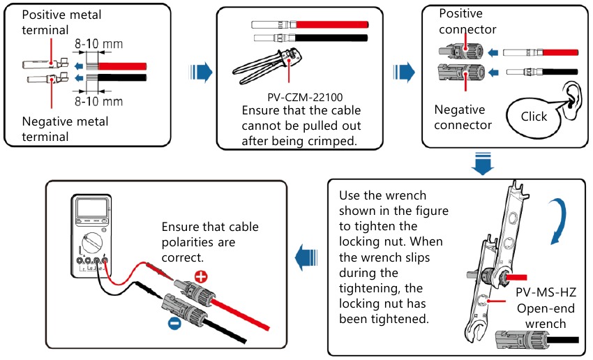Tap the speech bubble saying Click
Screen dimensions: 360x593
(x=534, y=117)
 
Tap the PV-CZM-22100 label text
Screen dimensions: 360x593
(x=301, y=98)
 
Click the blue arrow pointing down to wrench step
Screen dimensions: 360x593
(x=481, y=164)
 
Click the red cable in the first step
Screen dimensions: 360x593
(x=122, y=66)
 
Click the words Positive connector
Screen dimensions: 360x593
(x=467, y=22)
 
